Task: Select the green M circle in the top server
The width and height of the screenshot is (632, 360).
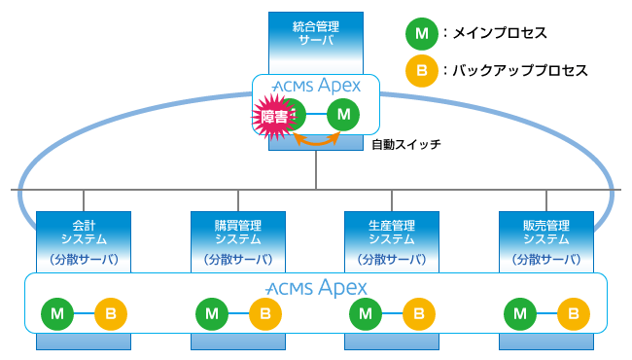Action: [x=342, y=116]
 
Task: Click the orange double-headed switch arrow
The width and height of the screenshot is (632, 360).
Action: [x=318, y=141]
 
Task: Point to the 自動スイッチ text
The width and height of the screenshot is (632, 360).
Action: [x=405, y=146]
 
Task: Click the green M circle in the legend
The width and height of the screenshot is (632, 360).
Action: [x=420, y=34]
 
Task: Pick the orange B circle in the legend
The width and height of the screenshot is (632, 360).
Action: [x=420, y=71]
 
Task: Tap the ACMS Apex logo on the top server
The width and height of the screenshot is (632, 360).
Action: [x=317, y=87]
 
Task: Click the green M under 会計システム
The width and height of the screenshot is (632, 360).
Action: [x=56, y=314]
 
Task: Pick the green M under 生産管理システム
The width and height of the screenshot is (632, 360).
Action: [x=366, y=314]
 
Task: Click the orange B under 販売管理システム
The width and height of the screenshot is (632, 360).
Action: [x=574, y=314]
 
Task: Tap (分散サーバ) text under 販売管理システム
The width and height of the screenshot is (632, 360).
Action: [x=546, y=259]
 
